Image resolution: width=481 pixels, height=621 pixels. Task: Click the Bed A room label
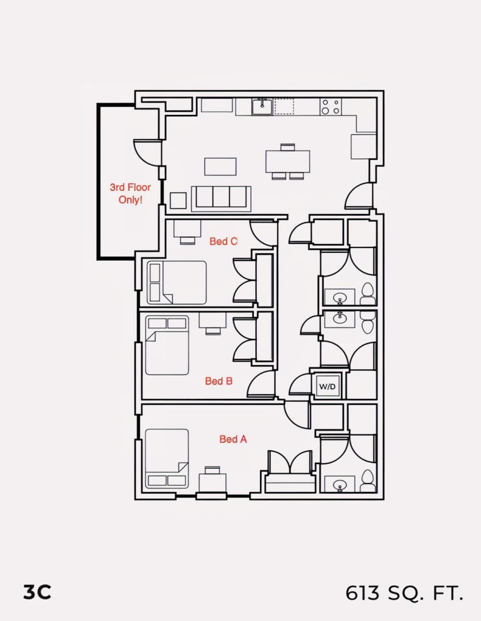coord(233,439)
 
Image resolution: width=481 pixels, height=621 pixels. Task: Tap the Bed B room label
coord(218,381)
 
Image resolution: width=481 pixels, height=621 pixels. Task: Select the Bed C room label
coord(223,241)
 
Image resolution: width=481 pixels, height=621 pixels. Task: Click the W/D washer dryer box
coord(327,387)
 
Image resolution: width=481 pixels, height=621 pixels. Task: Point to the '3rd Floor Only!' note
coord(130,194)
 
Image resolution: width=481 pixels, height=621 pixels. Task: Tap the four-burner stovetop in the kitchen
coord(331,107)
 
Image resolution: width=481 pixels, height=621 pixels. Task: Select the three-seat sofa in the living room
coord(221,199)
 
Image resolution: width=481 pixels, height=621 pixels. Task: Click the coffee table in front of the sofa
coord(220,167)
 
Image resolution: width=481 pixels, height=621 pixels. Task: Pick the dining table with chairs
coord(287,162)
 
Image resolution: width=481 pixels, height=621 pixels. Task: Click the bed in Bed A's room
coord(167,459)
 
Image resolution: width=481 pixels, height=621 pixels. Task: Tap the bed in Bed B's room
coord(167,345)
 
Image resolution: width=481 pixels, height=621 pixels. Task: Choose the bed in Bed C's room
coord(177,283)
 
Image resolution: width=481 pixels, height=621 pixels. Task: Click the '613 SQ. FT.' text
coord(404,593)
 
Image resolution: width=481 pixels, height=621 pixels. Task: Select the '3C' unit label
coord(37,592)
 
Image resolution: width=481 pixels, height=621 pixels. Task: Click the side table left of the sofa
coord(178,201)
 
